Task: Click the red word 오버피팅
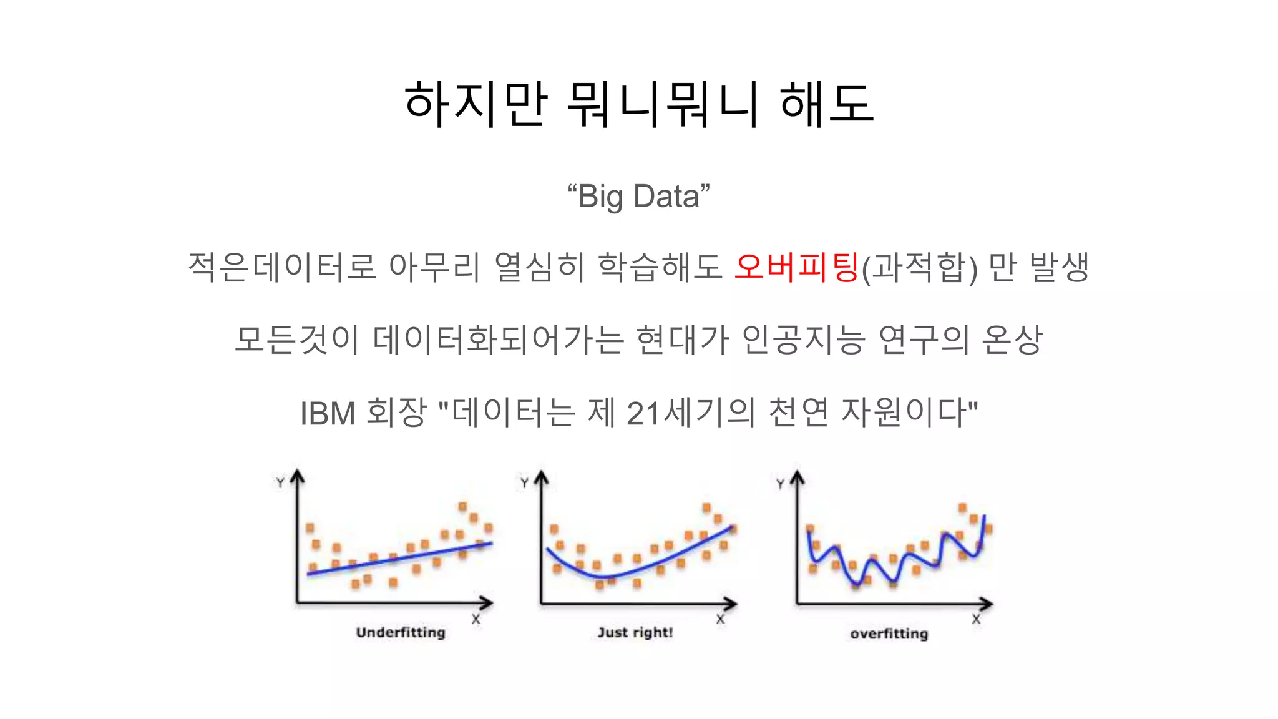(797, 267)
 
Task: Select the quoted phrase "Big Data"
(638, 197)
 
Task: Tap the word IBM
(328, 413)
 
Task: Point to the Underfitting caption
(401, 632)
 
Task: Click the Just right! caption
(635, 632)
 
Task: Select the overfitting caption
(889, 634)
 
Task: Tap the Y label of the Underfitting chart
(280, 483)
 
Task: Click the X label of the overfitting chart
(976, 620)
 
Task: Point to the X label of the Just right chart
(720, 620)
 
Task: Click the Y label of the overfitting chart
(780, 484)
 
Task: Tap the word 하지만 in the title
(476, 104)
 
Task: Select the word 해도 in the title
(826, 104)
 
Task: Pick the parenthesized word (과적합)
(919, 267)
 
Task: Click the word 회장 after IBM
(396, 413)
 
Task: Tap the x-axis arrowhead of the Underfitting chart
(487, 603)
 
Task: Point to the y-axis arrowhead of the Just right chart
(541, 477)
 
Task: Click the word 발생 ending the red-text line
(1059, 267)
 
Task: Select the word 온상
(1012, 340)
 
